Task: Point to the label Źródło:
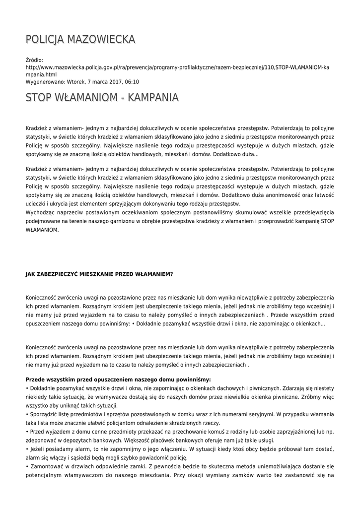(x=34, y=60)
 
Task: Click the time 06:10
(x=131, y=82)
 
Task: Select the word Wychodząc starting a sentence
(x=40, y=212)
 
